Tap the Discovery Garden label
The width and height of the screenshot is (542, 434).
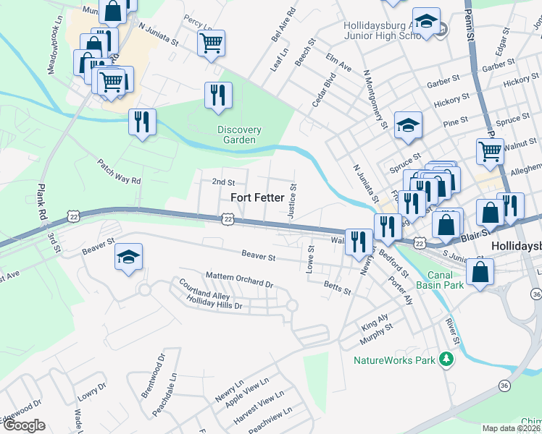tap(238, 135)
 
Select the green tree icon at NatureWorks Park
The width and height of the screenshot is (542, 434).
tap(448, 359)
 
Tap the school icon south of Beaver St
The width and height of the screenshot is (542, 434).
tap(128, 257)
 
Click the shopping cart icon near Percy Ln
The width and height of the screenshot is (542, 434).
tap(211, 43)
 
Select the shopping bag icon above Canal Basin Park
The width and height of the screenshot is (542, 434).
tap(479, 272)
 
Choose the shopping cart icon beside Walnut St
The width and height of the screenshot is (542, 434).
tap(490, 152)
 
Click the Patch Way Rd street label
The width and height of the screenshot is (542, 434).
tap(116, 173)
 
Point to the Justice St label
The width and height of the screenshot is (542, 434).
tap(293, 197)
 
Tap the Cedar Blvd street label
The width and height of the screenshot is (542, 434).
tap(324, 89)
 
